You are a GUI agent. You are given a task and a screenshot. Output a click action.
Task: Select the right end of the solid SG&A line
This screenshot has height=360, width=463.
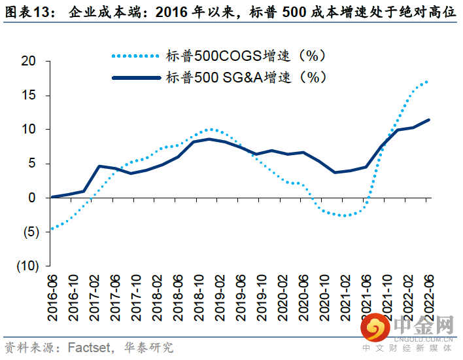428,120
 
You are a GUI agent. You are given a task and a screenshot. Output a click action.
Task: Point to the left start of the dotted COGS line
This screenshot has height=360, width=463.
52,228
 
